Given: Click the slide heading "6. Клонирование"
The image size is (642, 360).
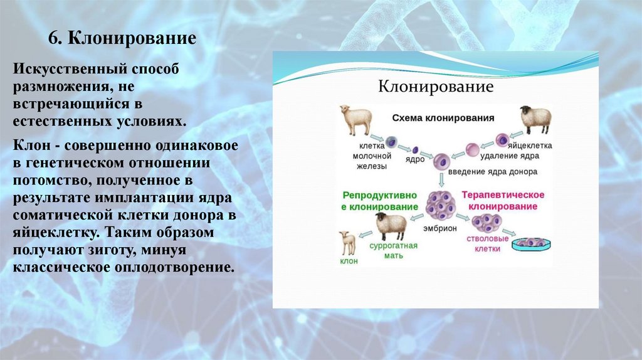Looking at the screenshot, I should [123, 40].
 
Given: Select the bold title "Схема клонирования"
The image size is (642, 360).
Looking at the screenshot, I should [443, 117].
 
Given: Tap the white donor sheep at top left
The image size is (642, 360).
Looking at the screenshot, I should [355, 119].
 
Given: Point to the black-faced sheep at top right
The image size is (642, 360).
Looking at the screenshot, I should [535, 119].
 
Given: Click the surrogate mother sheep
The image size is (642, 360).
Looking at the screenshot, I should [389, 226].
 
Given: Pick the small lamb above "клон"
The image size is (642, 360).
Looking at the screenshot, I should [347, 242].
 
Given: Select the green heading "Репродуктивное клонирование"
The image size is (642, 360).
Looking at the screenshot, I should [380, 201].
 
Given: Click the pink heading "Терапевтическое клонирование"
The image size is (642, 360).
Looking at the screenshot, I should [503, 201].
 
